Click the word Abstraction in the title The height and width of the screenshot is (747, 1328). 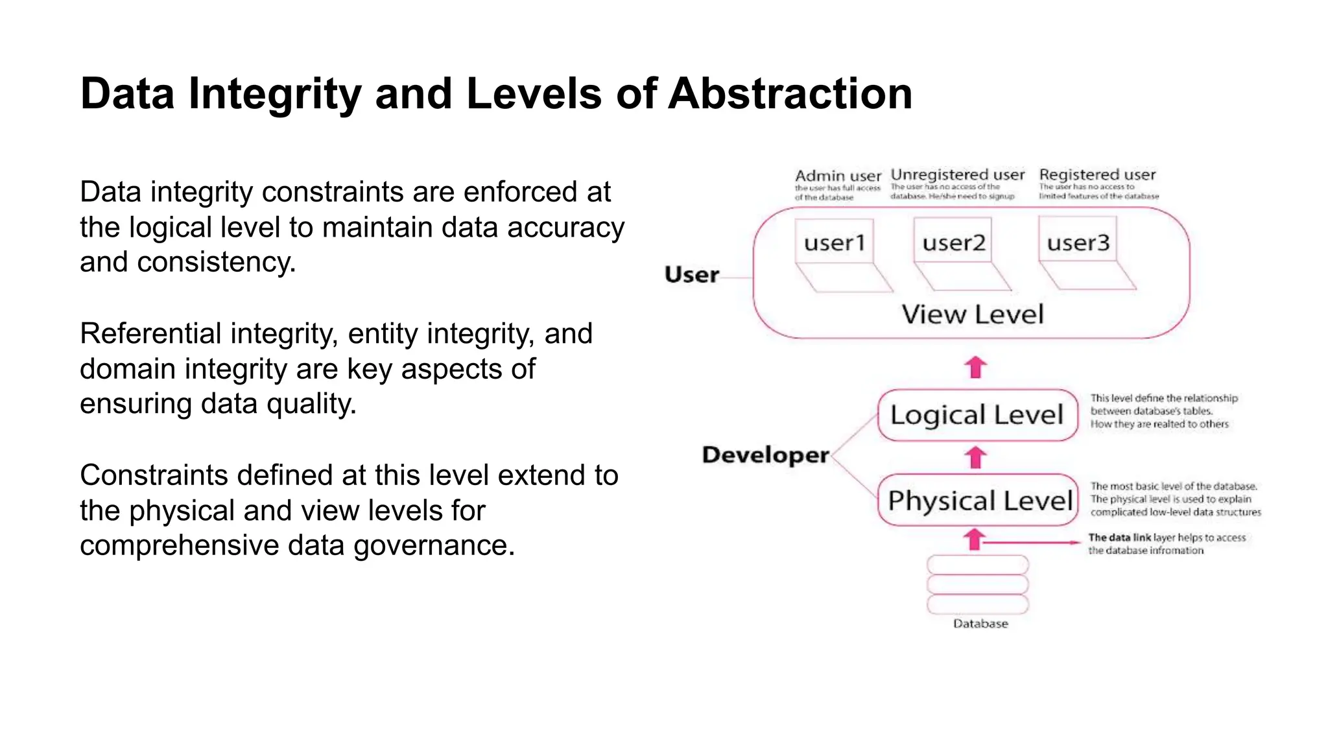(x=790, y=94)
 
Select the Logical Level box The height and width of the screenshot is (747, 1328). (x=977, y=415)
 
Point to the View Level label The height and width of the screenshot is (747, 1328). (x=973, y=314)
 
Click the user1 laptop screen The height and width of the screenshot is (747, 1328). (x=835, y=242)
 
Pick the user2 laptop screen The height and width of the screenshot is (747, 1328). (x=953, y=242)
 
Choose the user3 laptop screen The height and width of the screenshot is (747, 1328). (x=1078, y=242)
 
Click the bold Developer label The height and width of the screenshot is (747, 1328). (x=765, y=455)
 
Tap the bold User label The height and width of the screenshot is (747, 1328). (x=691, y=275)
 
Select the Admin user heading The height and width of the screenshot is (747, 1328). (x=838, y=176)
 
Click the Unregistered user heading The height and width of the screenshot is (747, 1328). (x=957, y=174)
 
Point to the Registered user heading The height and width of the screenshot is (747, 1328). (x=1097, y=174)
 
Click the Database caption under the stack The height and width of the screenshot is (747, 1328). (x=980, y=624)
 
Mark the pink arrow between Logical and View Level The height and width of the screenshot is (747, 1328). (x=975, y=367)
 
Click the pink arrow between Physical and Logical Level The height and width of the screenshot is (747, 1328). (x=975, y=457)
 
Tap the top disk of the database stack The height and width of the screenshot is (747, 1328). (x=978, y=564)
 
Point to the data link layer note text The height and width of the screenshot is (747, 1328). (x=1166, y=544)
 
